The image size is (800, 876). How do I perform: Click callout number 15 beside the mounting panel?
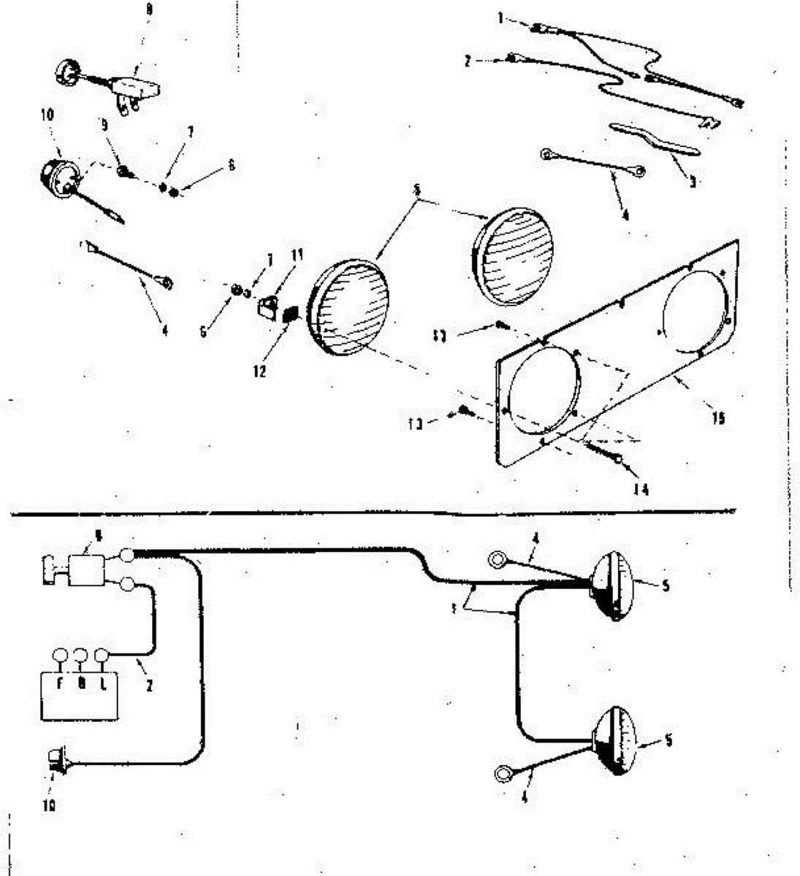click(718, 418)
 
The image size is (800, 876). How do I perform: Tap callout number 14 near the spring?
click(641, 488)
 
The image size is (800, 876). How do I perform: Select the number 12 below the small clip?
click(260, 370)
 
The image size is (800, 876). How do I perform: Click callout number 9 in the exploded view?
click(104, 125)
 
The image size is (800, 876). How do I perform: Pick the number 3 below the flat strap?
click(692, 182)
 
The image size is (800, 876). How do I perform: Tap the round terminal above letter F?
click(59, 656)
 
